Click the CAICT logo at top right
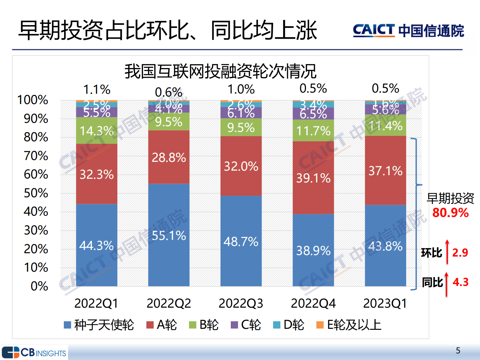tap(408, 31)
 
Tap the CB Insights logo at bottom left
tap(34, 352)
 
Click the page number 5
tap(458, 350)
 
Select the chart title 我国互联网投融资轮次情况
tap(220, 71)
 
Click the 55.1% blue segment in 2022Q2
tap(169, 235)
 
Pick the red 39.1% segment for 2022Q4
tap(313, 178)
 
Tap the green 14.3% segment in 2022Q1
tap(96, 131)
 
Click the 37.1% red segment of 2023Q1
tap(385, 171)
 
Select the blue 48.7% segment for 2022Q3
tap(241, 241)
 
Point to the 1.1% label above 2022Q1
tap(97, 90)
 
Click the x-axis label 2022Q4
tap(313, 303)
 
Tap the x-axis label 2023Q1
tap(385, 303)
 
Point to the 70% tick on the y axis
tap(36, 156)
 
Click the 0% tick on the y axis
tap(39, 286)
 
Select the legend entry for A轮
tap(162, 325)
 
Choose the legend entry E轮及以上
tap(349, 325)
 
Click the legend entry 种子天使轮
tap(99, 325)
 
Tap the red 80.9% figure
tap(450, 213)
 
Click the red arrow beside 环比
tap(447, 252)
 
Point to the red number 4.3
tap(460, 282)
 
